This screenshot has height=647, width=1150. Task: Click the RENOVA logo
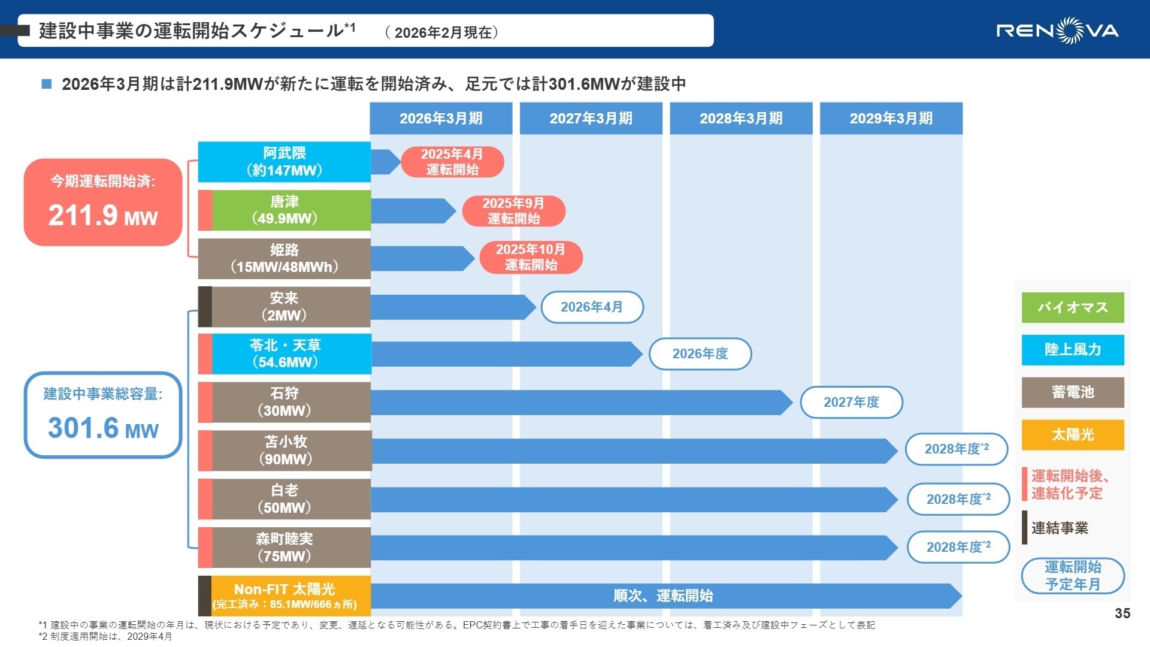click(x=1057, y=30)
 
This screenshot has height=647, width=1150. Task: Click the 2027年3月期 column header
click(x=591, y=118)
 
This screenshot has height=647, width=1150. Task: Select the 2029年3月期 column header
click(x=891, y=118)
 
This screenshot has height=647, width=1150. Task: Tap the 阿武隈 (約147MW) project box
click(x=284, y=162)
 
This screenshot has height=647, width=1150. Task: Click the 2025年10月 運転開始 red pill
click(x=531, y=257)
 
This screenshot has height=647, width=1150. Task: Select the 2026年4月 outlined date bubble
click(x=592, y=307)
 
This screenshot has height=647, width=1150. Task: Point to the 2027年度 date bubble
click(x=851, y=402)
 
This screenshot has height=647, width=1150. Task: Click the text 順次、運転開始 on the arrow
click(x=663, y=596)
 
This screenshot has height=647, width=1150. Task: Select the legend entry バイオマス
click(x=1072, y=307)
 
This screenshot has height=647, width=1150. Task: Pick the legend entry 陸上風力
click(x=1072, y=350)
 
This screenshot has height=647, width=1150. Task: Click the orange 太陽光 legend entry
click(x=1072, y=434)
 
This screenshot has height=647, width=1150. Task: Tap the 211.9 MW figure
click(x=103, y=216)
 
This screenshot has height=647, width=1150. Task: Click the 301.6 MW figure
click(x=103, y=428)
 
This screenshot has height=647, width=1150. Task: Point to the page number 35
click(x=1122, y=613)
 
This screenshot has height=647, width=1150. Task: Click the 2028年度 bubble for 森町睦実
click(x=958, y=547)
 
